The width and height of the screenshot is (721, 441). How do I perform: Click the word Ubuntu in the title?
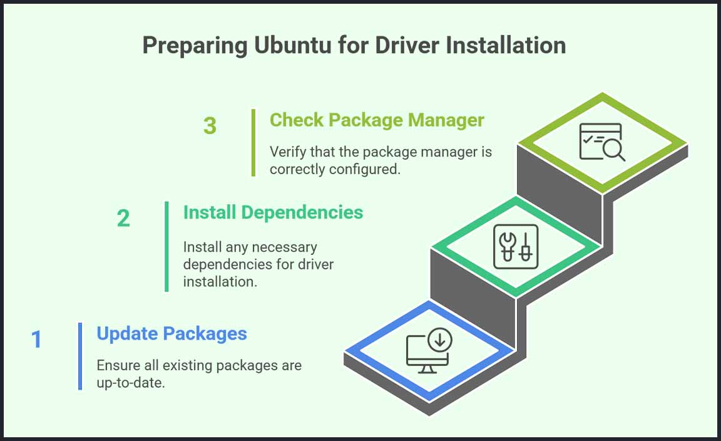coord(272,46)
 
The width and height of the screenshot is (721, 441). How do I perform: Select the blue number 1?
coord(36,340)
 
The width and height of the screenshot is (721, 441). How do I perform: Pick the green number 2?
coord(123,218)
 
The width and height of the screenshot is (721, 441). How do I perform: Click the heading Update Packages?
coord(171,333)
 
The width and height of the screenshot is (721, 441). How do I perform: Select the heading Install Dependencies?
coord(273,212)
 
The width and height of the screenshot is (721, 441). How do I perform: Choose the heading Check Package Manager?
coord(377,120)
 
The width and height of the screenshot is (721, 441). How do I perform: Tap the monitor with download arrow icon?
coord(429,351)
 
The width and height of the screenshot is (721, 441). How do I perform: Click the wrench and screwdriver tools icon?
coord(515,246)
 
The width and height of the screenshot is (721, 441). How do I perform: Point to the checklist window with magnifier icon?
coord(601,142)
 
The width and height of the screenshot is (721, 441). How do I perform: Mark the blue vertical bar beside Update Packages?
coord(80,356)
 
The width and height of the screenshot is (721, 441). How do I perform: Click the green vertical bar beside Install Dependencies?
coord(166,246)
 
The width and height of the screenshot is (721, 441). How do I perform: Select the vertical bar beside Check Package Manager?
coord(253,143)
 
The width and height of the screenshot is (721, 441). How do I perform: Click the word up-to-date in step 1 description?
coord(130,383)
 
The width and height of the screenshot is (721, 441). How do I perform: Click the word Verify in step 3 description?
coord(286,152)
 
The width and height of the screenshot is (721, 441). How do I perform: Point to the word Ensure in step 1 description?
coord(116,365)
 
